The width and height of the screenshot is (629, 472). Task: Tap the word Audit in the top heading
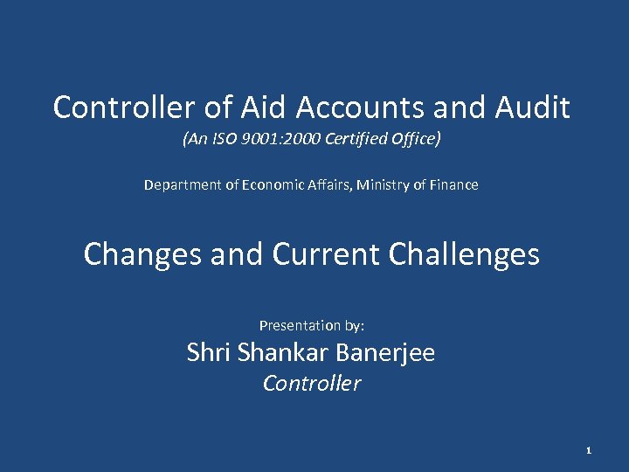click(x=533, y=108)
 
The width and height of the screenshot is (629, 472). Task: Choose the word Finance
click(x=453, y=185)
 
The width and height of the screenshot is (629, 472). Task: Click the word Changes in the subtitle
click(x=143, y=254)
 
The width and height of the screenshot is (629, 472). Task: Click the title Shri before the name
click(x=208, y=353)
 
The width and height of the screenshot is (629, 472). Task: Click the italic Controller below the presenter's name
click(x=312, y=384)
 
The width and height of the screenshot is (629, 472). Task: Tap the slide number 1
click(x=589, y=450)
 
